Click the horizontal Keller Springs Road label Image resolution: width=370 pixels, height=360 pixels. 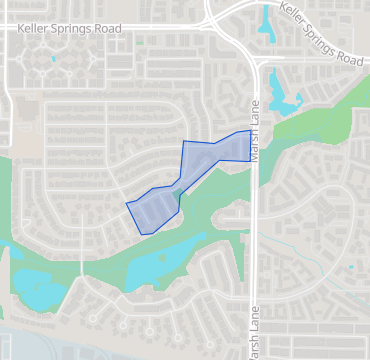point(69,29)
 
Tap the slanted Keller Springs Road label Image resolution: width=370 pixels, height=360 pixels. point(320,35)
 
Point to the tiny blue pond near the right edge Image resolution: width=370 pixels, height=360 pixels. point(350,268)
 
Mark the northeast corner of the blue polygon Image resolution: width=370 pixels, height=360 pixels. point(249,130)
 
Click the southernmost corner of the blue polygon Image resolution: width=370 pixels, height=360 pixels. point(145,234)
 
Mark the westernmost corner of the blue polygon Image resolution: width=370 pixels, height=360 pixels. point(126,204)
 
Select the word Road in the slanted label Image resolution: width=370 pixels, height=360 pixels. point(349,56)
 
